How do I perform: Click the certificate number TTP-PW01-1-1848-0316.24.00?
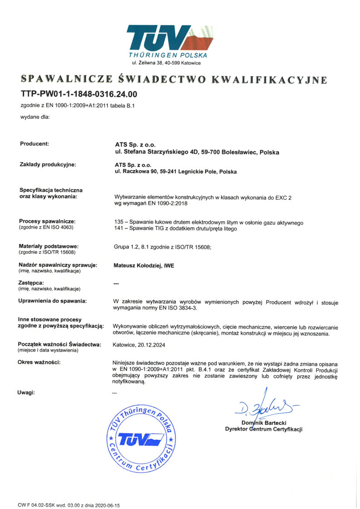[78, 95]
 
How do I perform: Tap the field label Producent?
[34, 144]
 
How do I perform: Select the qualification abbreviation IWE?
[169, 266]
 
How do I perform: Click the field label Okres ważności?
[39, 362]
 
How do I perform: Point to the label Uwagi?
[26, 392]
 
